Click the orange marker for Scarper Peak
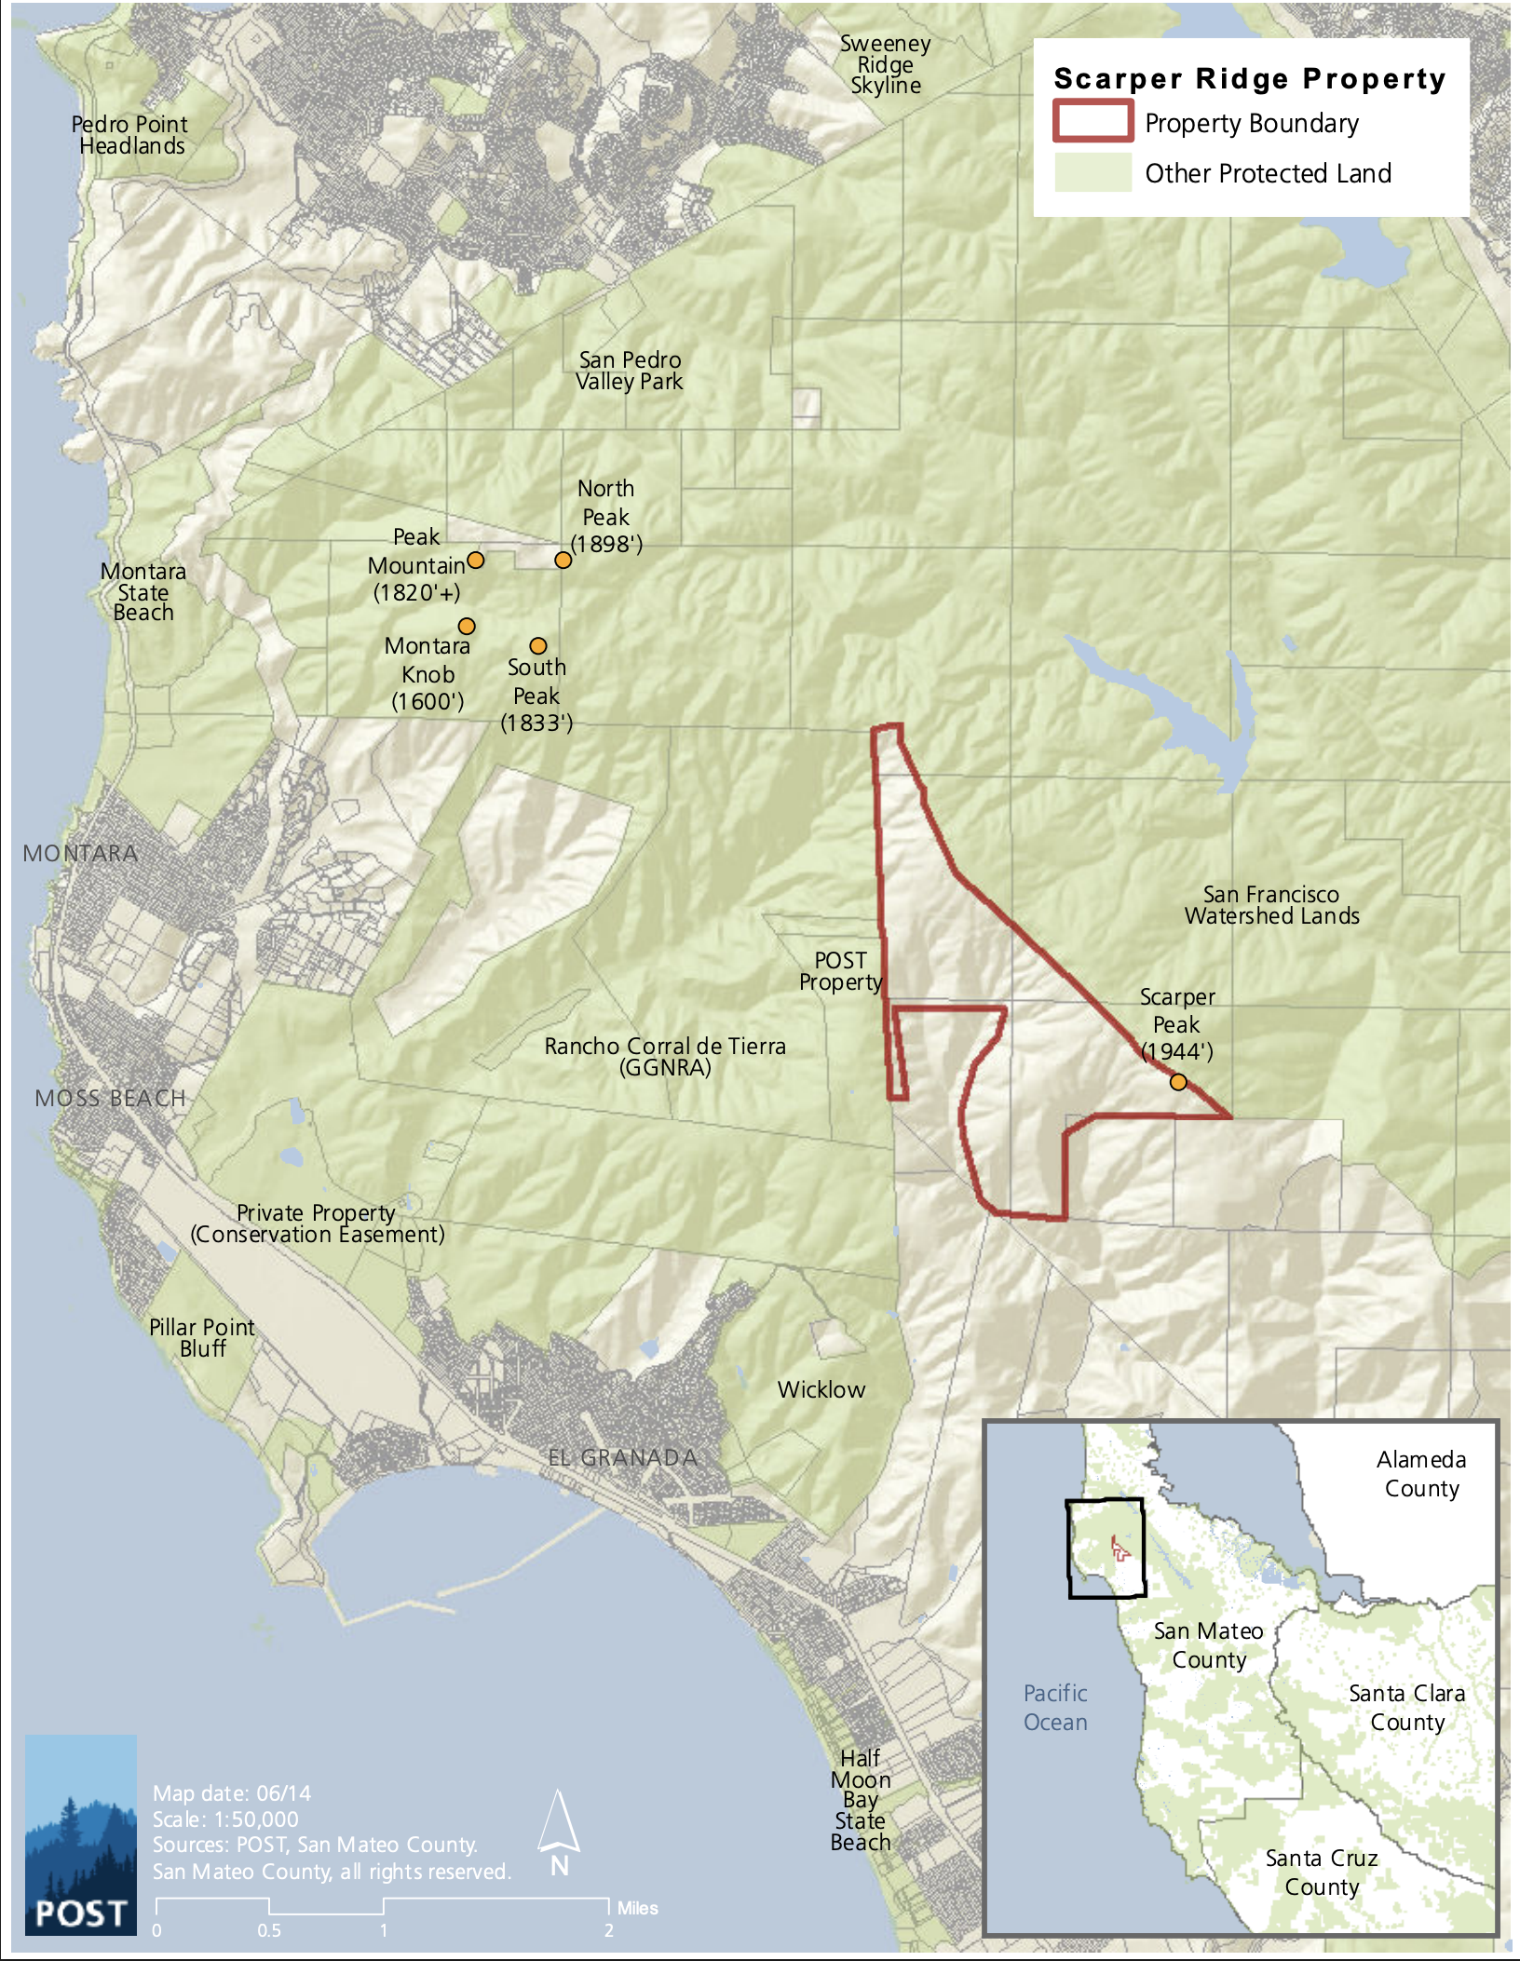(1178, 1082)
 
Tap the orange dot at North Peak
(563, 560)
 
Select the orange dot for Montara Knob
(467, 626)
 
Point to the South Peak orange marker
(538, 645)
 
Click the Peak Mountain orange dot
(475, 560)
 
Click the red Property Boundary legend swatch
(1092, 122)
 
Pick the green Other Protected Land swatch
(1092, 173)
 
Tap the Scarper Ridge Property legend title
(1249, 79)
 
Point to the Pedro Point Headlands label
(130, 135)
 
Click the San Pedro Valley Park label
(630, 371)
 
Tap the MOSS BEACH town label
(110, 1099)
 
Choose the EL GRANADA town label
(622, 1457)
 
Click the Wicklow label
(821, 1389)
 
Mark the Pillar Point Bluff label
(202, 1337)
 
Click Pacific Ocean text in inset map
(1055, 1707)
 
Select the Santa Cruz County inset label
(1321, 1872)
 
